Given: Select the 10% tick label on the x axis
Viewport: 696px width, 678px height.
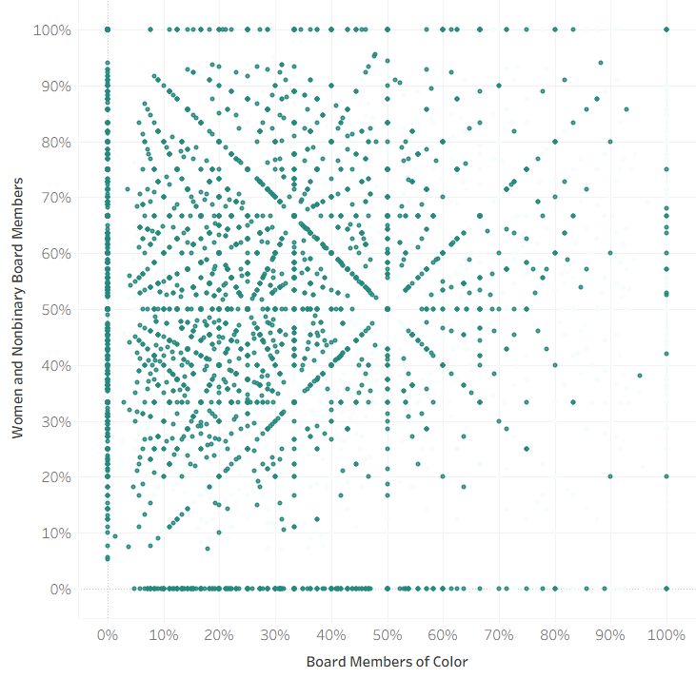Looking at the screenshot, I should tap(164, 634).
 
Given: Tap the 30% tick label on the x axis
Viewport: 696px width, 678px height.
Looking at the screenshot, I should tap(275, 634).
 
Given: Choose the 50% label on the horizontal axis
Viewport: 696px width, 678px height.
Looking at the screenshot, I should tap(388, 634).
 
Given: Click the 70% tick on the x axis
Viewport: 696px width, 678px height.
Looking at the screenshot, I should tap(499, 634).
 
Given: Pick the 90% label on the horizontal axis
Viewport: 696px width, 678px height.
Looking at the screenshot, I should tap(610, 634).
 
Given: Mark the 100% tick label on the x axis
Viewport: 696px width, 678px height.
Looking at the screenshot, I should tap(666, 634).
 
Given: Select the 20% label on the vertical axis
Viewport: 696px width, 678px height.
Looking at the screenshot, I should tap(55, 477).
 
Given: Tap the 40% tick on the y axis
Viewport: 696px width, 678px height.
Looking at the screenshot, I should tap(55, 365).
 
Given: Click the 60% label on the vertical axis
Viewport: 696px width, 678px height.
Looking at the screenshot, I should tap(55, 254).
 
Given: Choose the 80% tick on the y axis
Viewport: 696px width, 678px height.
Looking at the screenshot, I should tap(55, 142).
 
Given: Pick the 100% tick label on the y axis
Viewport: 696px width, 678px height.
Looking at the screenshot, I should tap(52, 30).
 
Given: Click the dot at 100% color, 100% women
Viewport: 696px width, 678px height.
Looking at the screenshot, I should tap(666, 29).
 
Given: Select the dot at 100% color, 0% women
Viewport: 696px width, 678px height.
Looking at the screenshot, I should tap(666, 589).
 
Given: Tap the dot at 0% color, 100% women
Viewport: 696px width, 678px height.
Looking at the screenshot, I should tap(108, 29).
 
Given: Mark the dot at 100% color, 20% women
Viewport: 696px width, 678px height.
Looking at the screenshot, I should tap(666, 476).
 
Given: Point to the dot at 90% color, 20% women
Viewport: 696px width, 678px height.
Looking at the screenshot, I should tap(610, 476).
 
